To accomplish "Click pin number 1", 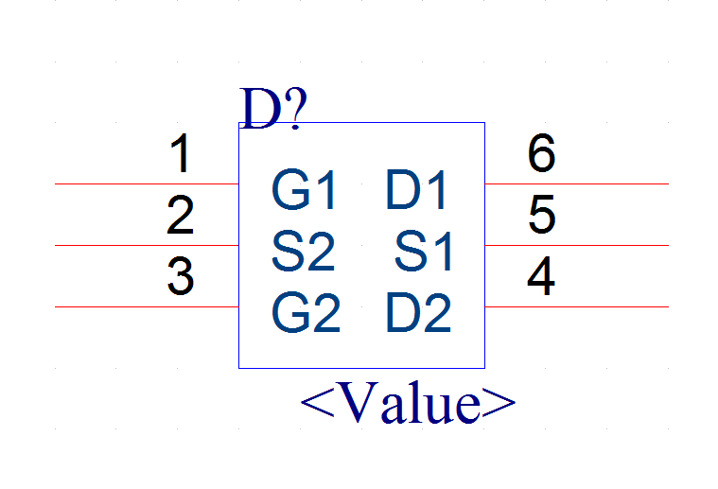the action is coord(181,153).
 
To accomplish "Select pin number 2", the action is coord(181,215).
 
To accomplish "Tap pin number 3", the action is coord(181,276).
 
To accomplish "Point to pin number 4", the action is coord(541,276).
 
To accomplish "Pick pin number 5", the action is coord(542,215).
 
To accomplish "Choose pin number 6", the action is coord(542,153).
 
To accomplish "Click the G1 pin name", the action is coord(303,189).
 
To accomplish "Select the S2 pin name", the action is coord(303,252).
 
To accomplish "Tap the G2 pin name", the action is coord(306,313).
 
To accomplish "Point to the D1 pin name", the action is coord(416,189).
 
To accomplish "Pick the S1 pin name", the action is coord(424,252).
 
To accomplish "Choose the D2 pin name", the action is coord(419,313).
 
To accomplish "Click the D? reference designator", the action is coord(272,109).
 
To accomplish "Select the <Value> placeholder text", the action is coord(408,403).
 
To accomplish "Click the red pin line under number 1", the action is coord(147,184).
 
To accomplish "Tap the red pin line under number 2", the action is coord(147,245).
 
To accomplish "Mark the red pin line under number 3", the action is coord(147,306).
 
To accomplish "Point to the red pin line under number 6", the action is coord(576,184).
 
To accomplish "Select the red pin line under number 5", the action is coord(576,245).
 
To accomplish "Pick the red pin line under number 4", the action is coord(576,306).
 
